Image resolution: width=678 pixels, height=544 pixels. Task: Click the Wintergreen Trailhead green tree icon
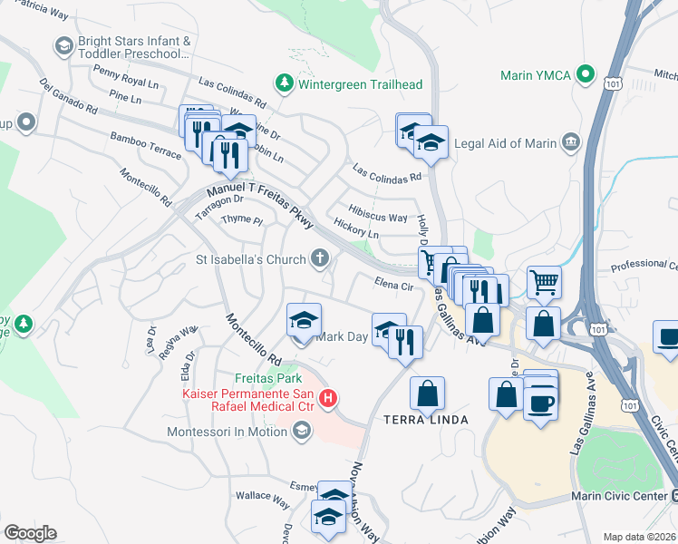tap(285, 84)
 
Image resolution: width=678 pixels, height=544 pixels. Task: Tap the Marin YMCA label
tap(536, 75)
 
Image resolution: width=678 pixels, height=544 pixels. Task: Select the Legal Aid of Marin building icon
tap(571, 141)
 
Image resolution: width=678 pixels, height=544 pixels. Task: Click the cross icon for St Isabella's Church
tap(318, 260)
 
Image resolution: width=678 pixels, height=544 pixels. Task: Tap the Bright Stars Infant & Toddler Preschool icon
tap(63, 45)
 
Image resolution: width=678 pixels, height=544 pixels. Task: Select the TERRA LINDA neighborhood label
tap(425, 420)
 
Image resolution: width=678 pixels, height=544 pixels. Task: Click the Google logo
tap(29, 533)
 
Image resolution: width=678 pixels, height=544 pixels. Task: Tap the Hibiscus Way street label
tap(378, 218)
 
